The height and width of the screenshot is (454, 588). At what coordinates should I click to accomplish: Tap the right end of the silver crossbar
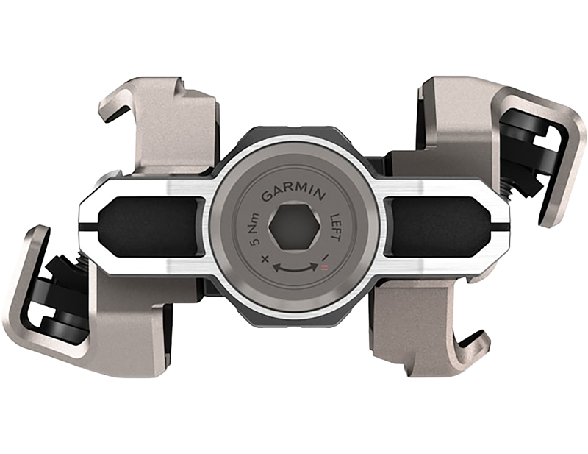[500, 221]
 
